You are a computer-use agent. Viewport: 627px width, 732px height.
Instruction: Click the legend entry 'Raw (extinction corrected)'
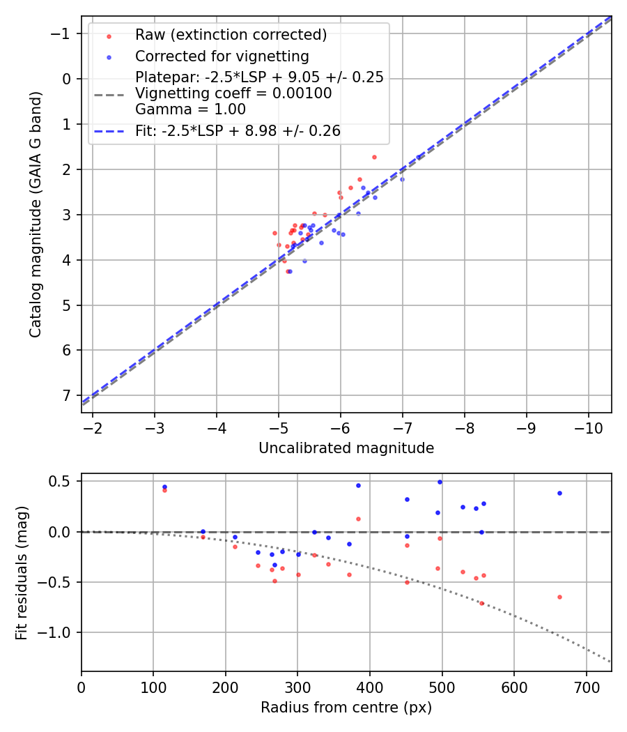(231, 35)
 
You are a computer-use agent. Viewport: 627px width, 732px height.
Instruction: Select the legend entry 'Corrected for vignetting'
(222, 56)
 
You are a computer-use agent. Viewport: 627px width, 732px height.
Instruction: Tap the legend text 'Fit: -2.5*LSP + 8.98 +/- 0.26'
(238, 130)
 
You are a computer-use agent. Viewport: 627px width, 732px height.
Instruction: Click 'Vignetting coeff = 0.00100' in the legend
(233, 93)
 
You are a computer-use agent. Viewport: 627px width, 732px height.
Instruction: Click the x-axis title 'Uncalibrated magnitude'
(346, 448)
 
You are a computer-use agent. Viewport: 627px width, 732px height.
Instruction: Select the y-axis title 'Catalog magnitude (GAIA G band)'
(36, 214)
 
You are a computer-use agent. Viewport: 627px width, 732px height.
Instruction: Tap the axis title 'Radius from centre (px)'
(346, 708)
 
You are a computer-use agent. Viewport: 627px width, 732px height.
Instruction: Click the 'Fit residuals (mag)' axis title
(22, 572)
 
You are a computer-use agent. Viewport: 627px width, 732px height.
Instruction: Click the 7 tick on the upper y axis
(66, 395)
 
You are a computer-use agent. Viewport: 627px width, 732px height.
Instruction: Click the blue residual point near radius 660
(559, 493)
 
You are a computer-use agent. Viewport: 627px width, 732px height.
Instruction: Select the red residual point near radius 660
(559, 597)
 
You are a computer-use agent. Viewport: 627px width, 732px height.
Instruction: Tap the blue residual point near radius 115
(164, 487)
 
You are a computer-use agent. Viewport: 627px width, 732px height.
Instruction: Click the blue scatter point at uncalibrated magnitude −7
(402, 179)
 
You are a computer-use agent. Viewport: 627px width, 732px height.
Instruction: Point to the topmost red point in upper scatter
(374, 157)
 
